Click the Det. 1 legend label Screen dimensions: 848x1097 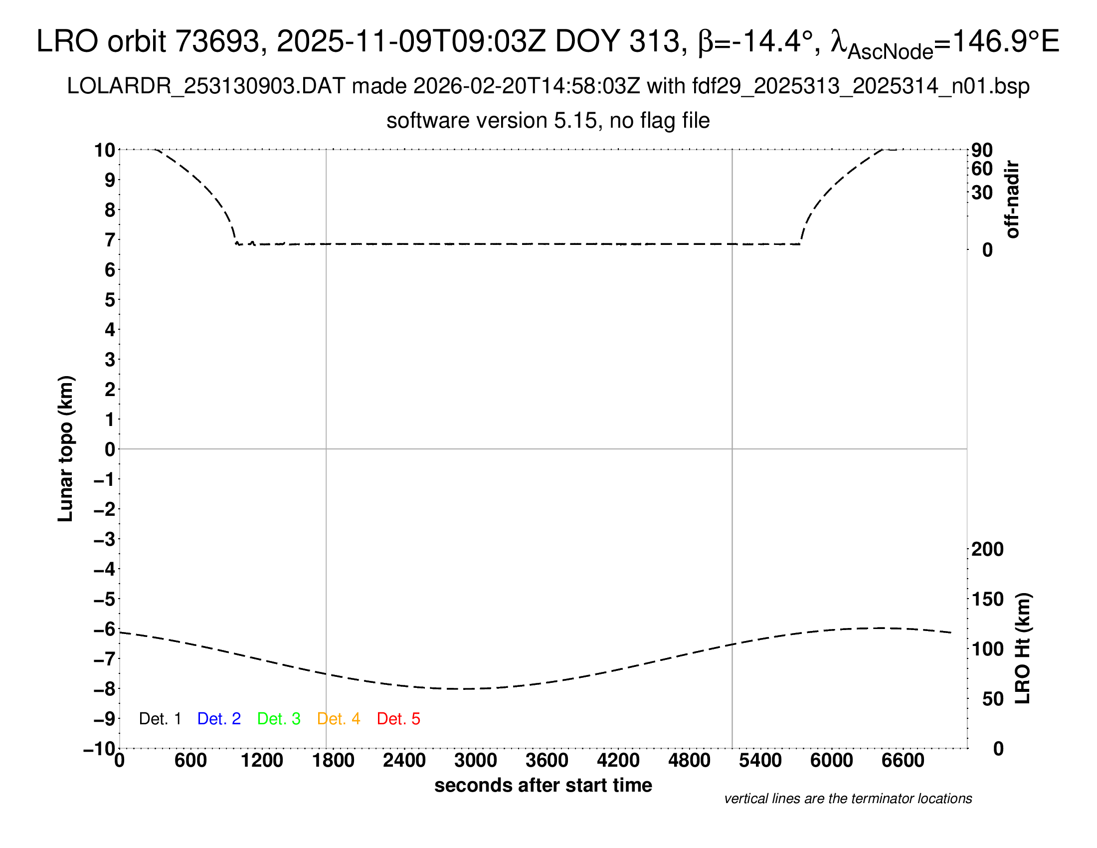pyautogui.click(x=160, y=719)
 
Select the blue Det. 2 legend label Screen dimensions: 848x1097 pyautogui.click(x=219, y=719)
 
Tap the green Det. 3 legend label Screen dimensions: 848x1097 pyautogui.click(x=279, y=719)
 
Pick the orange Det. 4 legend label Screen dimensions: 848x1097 pyautogui.click(x=339, y=719)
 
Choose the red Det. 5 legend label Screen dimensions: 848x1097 pyautogui.click(x=398, y=719)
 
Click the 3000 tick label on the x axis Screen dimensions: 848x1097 pyautogui.click(x=475, y=761)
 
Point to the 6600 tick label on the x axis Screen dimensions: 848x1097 pyautogui.click(x=903, y=761)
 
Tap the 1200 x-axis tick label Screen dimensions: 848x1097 pyautogui.click(x=262, y=761)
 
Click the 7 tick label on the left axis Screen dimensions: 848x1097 pyautogui.click(x=110, y=240)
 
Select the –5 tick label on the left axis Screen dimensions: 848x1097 pyautogui.click(x=105, y=599)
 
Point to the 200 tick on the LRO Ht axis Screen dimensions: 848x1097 pyautogui.click(x=987, y=550)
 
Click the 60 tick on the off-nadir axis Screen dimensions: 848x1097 pyautogui.click(x=982, y=169)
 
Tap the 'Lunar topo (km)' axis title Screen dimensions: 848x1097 pyautogui.click(x=66, y=448)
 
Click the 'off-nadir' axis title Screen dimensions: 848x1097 pyautogui.click(x=1012, y=200)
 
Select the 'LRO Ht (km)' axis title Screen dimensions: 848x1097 pyautogui.click(x=1023, y=648)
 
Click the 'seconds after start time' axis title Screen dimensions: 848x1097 pyautogui.click(x=543, y=785)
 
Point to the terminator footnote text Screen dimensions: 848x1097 pyautogui.click(x=848, y=799)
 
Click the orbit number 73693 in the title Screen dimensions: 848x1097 pyautogui.click(x=220, y=41)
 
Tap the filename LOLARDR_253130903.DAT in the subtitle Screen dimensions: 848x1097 pyautogui.click(x=206, y=86)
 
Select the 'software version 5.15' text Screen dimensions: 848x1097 pyautogui.click(x=492, y=121)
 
